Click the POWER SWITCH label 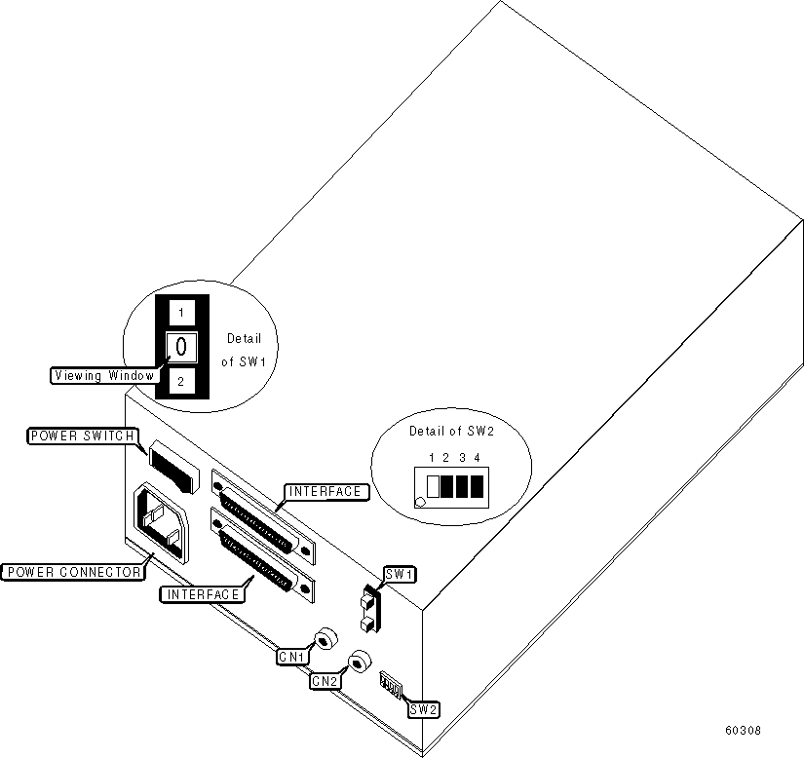pos(82,436)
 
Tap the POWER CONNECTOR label pos(72,572)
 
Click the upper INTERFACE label pos(326,492)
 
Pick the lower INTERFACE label pos(203,593)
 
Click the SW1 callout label pos(400,575)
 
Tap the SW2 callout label pos(423,709)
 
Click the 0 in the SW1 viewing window pos(180,345)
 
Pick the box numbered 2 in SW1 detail pos(180,381)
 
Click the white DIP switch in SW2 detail pos(434,485)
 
